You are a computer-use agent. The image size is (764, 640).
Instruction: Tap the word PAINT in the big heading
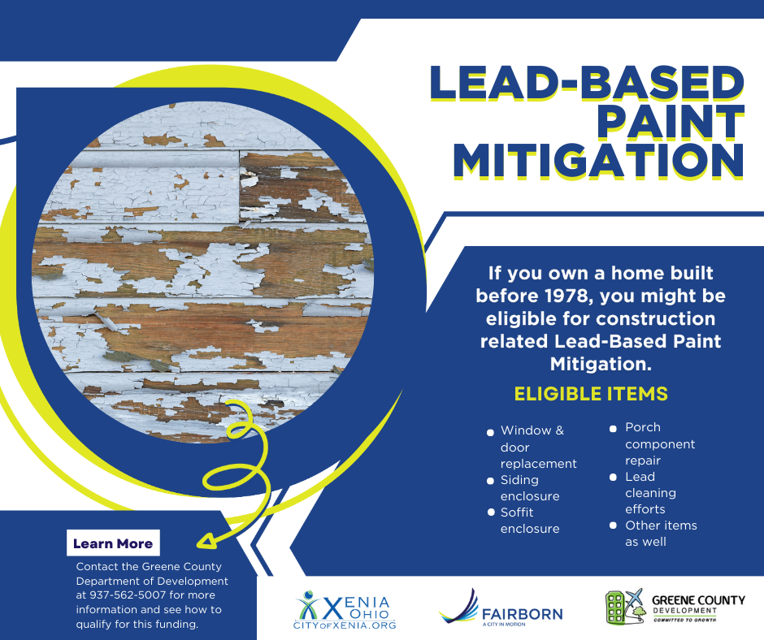(x=670, y=121)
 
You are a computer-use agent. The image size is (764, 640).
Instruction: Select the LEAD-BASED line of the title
(x=585, y=84)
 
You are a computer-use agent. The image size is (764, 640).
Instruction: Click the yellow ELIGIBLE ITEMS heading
(x=591, y=394)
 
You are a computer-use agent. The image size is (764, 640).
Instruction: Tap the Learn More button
(x=113, y=543)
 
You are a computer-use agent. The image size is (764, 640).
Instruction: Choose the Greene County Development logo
(x=675, y=608)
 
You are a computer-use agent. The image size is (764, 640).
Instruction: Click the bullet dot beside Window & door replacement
(x=490, y=432)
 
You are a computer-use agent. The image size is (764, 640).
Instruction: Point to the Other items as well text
(x=661, y=534)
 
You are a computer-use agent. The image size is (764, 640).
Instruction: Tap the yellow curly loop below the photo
(x=236, y=471)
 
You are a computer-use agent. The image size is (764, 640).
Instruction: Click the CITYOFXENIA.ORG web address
(x=345, y=626)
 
